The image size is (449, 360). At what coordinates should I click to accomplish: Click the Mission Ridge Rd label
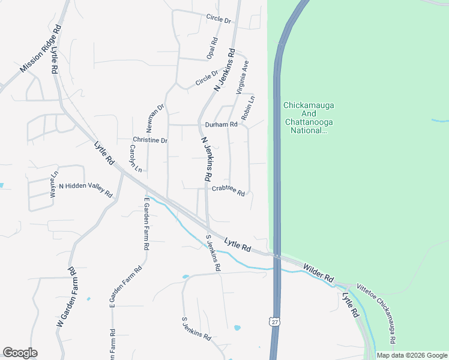coord(41,49)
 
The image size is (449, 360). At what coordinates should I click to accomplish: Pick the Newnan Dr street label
coord(156,119)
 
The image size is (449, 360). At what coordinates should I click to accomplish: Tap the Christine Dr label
coord(149,140)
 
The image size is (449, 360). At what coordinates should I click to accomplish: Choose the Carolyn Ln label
coord(134,158)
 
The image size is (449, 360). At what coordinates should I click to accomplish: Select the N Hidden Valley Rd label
coord(85,190)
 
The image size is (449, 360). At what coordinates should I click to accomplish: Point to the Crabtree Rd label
coord(228,190)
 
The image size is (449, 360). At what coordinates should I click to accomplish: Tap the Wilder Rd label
coord(318,273)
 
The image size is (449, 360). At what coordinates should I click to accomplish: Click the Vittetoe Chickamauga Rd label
coord(376,313)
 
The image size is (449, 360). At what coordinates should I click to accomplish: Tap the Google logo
coord(20,353)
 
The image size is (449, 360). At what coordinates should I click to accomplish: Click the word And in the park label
coord(309,114)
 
